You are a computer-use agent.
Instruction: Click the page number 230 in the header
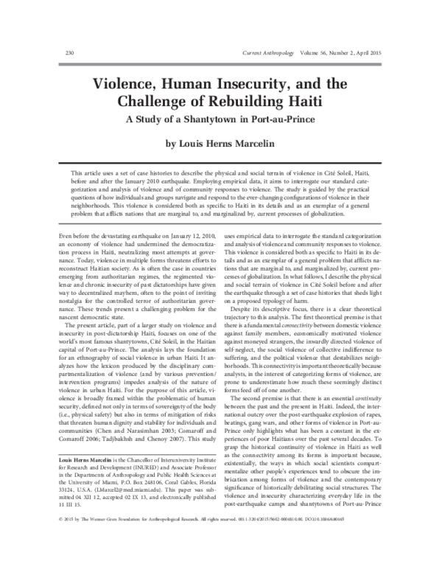click(51, 54)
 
